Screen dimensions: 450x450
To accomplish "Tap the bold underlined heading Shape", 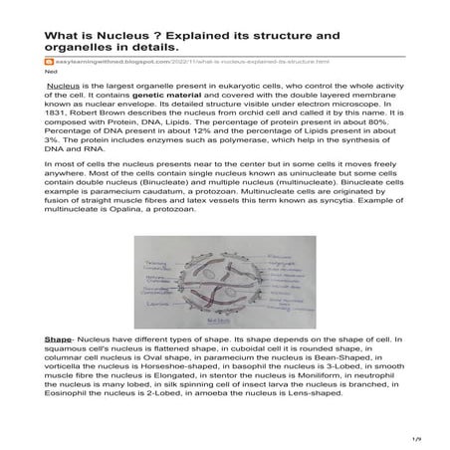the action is (x=58, y=340).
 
